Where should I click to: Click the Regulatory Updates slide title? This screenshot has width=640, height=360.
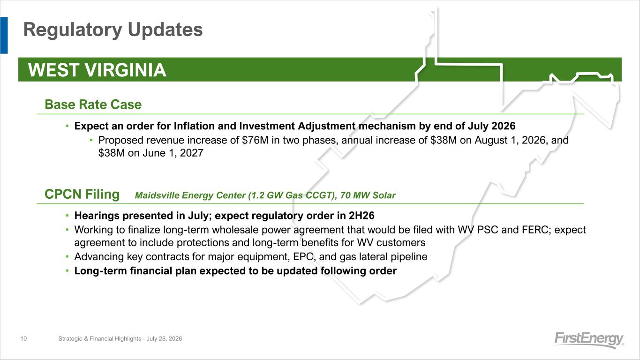coord(113,30)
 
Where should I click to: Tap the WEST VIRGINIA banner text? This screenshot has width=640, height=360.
coord(97,70)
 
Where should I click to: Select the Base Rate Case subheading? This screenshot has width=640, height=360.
coord(93,104)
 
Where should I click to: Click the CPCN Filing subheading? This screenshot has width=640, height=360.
coord(82,194)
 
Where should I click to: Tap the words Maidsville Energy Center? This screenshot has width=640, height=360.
coord(190,195)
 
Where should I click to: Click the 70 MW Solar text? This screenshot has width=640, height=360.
coord(368,195)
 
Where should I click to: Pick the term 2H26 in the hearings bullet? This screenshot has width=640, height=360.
coord(361,216)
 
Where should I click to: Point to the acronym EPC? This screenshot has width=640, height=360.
coord(304,257)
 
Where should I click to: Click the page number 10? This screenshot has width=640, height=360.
coord(23,339)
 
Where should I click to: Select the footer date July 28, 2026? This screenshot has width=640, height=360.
coord(164,339)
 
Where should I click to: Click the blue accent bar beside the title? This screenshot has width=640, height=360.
coord(4,35)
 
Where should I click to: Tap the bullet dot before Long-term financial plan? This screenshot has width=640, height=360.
coord(67,271)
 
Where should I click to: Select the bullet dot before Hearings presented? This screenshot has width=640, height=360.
coord(67,216)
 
